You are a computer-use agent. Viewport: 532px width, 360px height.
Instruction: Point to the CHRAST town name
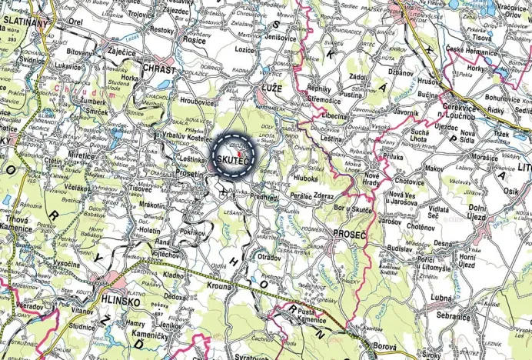[159, 69]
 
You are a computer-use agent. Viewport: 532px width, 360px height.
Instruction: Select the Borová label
[384, 348]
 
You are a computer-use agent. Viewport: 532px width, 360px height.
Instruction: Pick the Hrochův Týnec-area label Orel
[75, 22]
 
